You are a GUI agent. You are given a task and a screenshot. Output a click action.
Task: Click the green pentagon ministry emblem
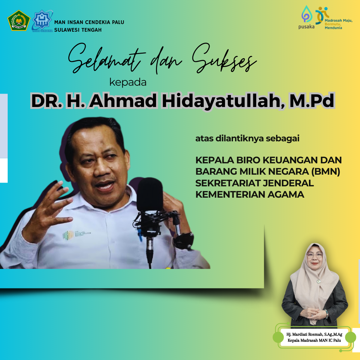[19, 20]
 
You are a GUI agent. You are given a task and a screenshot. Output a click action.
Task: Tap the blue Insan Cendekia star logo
[42, 21]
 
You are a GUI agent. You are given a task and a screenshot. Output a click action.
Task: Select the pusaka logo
[306, 17]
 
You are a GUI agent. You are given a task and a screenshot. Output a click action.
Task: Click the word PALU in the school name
[118, 22]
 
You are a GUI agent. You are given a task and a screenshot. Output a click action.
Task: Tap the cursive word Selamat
[107, 59]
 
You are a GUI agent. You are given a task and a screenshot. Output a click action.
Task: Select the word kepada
[128, 82]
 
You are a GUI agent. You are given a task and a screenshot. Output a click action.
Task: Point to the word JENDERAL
[288, 183]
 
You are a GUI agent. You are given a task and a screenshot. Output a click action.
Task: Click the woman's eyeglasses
[315, 255]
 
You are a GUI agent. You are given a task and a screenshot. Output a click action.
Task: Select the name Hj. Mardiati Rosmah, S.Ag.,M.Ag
[314, 335]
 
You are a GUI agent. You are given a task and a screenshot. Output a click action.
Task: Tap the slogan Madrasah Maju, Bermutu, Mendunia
[338, 24]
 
